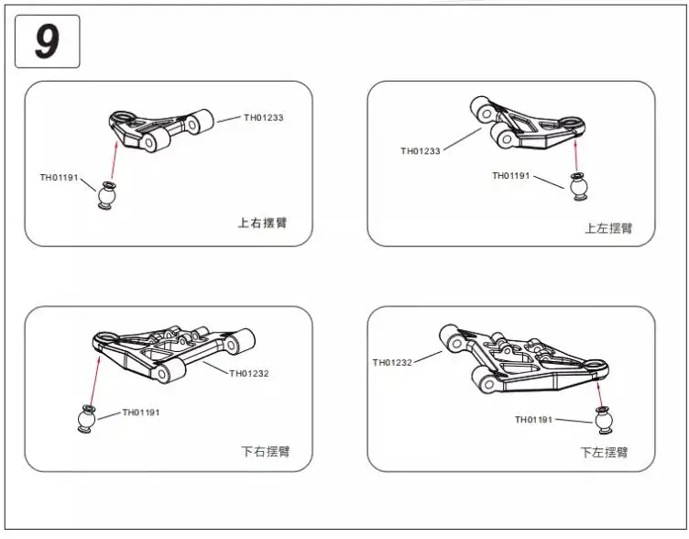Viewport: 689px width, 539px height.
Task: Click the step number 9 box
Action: pos(48,41)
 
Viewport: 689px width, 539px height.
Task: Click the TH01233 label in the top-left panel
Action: pos(265,117)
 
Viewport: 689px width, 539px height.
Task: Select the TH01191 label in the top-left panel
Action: pos(60,177)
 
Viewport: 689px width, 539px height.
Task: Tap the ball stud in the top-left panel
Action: pos(107,196)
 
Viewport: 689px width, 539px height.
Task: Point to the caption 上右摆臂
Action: pos(262,222)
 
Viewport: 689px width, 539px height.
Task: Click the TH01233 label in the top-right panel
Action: pos(421,151)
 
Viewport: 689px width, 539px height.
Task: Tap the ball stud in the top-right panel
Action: pos(578,186)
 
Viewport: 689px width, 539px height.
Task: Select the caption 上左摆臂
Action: pos(608,227)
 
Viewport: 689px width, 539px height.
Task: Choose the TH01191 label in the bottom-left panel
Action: pos(141,412)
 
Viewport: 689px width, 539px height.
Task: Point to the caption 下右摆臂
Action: pos(265,451)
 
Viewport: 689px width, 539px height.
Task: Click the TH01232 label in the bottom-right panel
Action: pos(392,362)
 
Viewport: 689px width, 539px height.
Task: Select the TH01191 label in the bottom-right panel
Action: pos(535,420)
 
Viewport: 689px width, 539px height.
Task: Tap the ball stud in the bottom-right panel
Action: pos(603,420)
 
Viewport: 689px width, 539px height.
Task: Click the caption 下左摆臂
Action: pos(604,452)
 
